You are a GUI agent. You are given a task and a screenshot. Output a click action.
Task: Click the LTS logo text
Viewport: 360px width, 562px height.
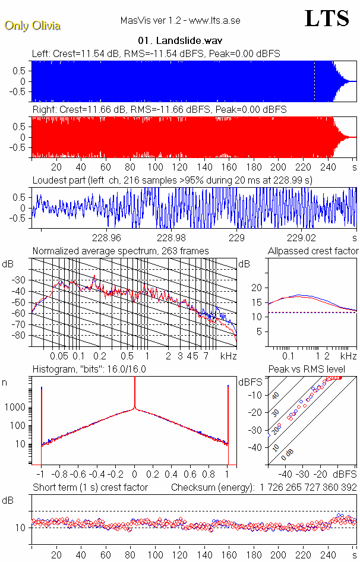point(327,18)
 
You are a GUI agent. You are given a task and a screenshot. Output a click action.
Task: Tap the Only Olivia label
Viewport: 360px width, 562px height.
point(32,26)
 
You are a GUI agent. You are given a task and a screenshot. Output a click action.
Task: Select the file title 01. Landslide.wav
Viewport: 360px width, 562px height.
point(179,41)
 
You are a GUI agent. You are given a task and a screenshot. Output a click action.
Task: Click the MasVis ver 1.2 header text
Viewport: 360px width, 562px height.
point(179,21)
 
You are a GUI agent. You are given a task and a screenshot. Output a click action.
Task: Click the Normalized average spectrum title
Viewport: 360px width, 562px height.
point(121,251)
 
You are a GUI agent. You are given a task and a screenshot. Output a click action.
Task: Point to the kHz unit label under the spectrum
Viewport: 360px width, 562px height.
point(228,356)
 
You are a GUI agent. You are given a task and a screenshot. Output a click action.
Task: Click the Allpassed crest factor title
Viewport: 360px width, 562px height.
point(313,251)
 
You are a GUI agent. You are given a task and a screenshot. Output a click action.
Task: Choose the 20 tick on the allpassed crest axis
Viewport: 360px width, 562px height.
point(257,288)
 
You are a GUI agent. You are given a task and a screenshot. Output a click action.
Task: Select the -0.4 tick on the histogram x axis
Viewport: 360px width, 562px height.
point(96,475)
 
